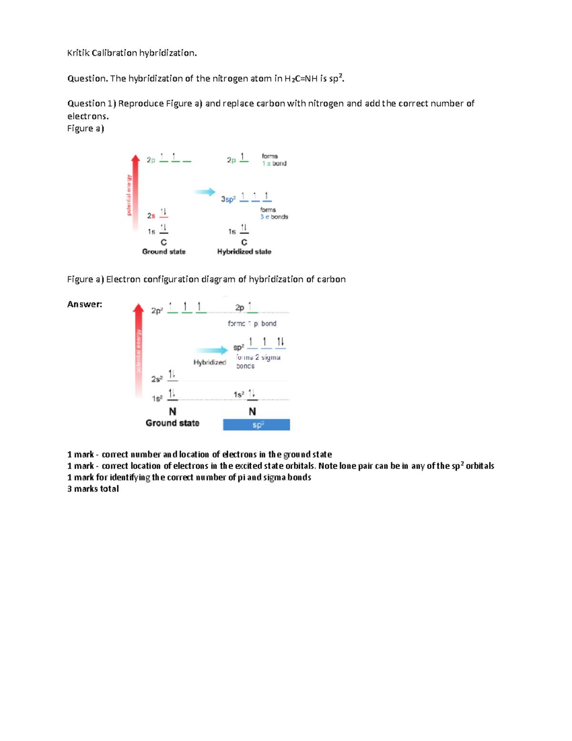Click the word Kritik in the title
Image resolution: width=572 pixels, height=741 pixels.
78,53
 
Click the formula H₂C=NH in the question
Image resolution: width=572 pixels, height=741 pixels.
301,79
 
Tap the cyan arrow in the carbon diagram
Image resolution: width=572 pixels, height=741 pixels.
204,192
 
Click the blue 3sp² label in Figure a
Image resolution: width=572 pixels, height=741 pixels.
228,199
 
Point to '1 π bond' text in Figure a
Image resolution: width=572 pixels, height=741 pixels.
274,164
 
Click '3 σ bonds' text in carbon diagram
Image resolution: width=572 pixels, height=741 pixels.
274,217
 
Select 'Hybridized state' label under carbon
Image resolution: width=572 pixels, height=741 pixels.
244,252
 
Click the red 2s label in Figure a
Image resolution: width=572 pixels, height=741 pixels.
151,216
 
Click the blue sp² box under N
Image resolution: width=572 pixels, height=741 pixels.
256,425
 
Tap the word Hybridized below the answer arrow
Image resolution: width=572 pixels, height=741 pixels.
209,363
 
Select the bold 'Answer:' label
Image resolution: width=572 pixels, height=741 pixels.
84,304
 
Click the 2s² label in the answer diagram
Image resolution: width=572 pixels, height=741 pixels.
157,379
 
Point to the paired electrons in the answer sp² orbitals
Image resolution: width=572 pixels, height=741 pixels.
280,342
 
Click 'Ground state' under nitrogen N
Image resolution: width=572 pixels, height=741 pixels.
172,423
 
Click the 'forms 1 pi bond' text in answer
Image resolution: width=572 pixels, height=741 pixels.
252,324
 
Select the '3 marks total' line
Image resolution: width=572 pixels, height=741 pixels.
93,489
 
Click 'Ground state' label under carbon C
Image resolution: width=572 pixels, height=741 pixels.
163,252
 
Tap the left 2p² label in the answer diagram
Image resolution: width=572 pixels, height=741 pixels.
157,311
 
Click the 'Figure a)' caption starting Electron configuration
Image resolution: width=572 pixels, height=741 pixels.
206,280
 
